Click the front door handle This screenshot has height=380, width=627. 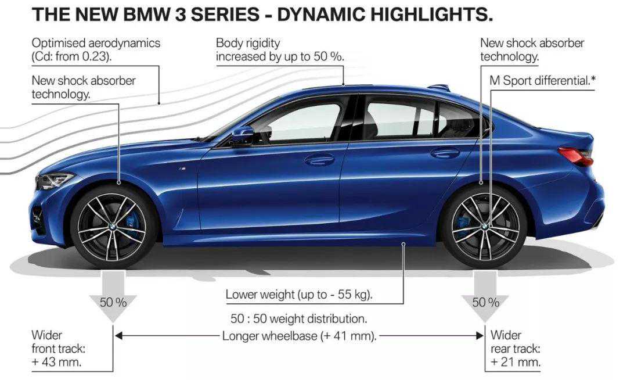click(320, 159)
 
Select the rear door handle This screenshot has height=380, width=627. click(445, 153)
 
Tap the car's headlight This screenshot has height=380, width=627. click(52, 181)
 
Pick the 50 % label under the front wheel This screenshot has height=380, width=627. click(113, 302)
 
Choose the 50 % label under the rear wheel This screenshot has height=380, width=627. click(485, 302)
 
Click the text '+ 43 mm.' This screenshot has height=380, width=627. click(56, 362)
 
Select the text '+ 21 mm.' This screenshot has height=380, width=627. click(516, 362)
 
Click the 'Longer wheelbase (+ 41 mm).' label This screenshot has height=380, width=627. click(300, 336)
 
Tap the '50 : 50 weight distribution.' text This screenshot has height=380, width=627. click(299, 319)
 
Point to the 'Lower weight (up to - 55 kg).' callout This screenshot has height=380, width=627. click(299, 295)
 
